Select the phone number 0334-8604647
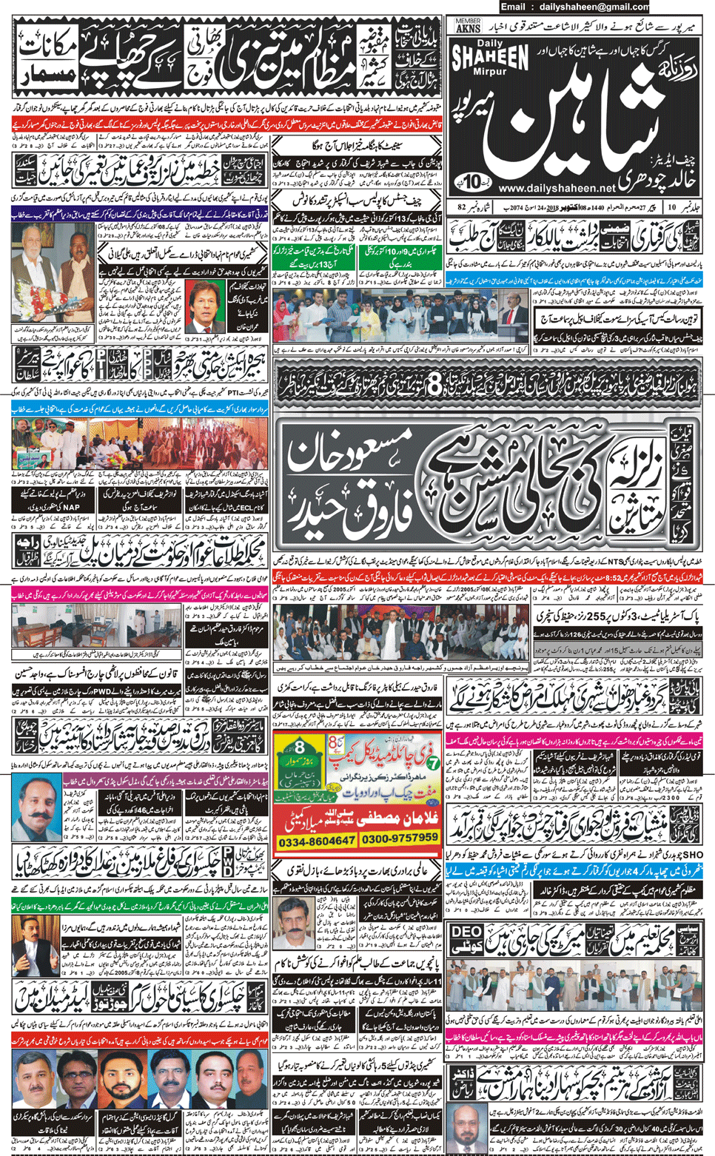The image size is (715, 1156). (316, 841)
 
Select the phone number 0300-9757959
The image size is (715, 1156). (400, 838)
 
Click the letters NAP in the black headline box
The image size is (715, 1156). (71, 508)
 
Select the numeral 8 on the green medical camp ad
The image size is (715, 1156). (300, 746)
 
